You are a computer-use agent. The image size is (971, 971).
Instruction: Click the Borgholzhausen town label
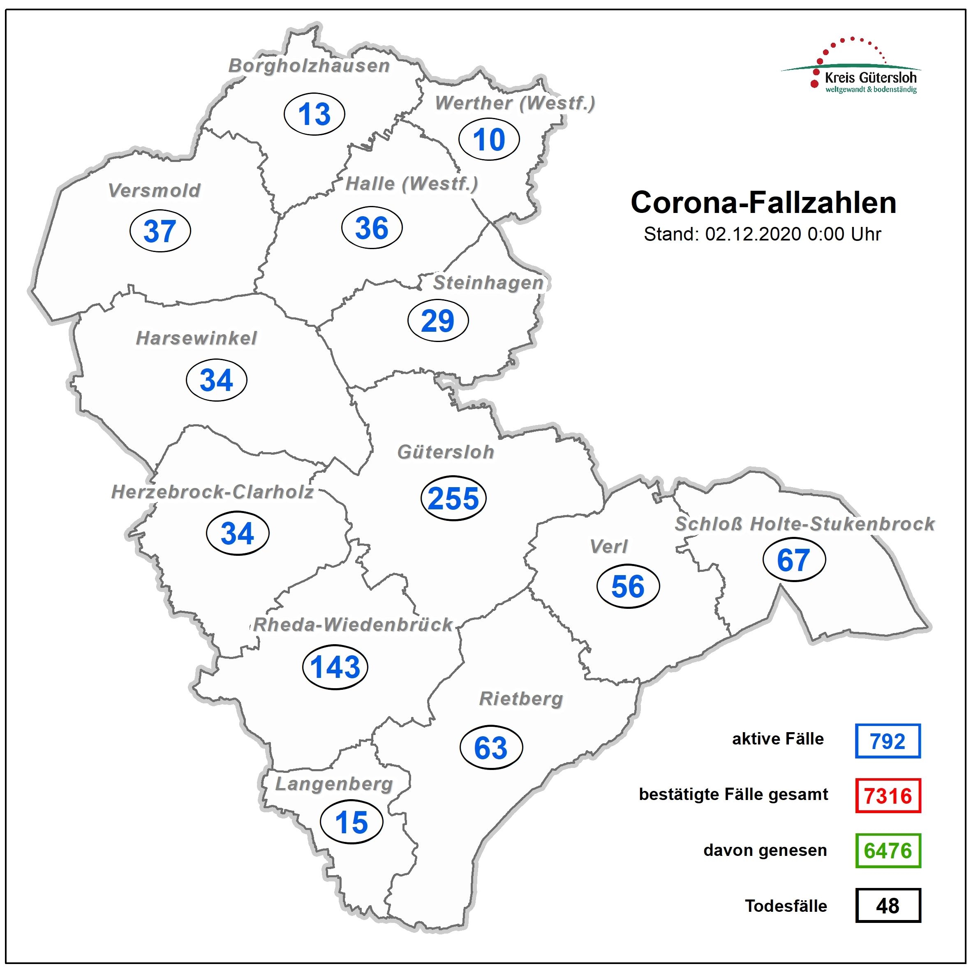click(x=309, y=66)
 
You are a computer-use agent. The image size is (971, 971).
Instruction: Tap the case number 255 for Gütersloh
click(x=453, y=498)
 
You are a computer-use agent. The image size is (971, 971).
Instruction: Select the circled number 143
click(x=335, y=667)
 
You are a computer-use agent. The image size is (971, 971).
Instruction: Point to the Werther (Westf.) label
click(x=515, y=103)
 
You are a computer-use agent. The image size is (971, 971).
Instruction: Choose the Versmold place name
click(x=154, y=190)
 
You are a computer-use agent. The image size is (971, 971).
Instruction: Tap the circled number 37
click(x=160, y=231)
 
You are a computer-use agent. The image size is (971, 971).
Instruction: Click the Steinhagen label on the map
click(x=488, y=282)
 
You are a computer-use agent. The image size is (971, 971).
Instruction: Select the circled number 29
click(x=438, y=321)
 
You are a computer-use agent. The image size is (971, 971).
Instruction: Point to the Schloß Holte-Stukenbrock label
click(x=805, y=524)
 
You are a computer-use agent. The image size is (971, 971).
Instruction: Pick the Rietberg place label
click(x=521, y=698)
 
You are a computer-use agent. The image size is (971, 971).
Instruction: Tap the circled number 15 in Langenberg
click(x=351, y=823)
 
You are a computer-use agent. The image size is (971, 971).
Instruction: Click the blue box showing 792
click(x=888, y=741)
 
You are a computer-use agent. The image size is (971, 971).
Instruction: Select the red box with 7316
click(x=888, y=795)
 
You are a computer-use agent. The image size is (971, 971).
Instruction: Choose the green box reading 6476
click(x=888, y=851)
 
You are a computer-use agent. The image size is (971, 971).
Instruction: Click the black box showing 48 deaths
click(x=888, y=905)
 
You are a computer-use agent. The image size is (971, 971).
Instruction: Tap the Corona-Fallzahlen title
click(x=763, y=203)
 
